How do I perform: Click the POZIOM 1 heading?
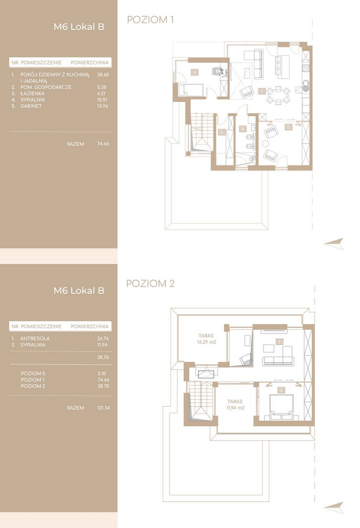150,20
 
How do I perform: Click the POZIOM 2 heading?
150,284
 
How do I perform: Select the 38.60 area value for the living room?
103,75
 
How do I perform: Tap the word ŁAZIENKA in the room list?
32,93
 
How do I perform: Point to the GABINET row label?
31,106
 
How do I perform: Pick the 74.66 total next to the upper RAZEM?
103,143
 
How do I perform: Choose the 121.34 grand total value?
103,407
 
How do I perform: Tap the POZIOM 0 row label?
33,374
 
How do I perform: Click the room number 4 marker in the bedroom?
194,72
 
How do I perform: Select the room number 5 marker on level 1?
288,127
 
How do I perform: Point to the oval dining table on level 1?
278,95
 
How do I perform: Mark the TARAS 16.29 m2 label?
206,339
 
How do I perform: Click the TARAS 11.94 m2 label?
235,404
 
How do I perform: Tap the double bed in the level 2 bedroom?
281,407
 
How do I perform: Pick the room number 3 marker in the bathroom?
243,129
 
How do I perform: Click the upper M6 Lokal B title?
79,27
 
